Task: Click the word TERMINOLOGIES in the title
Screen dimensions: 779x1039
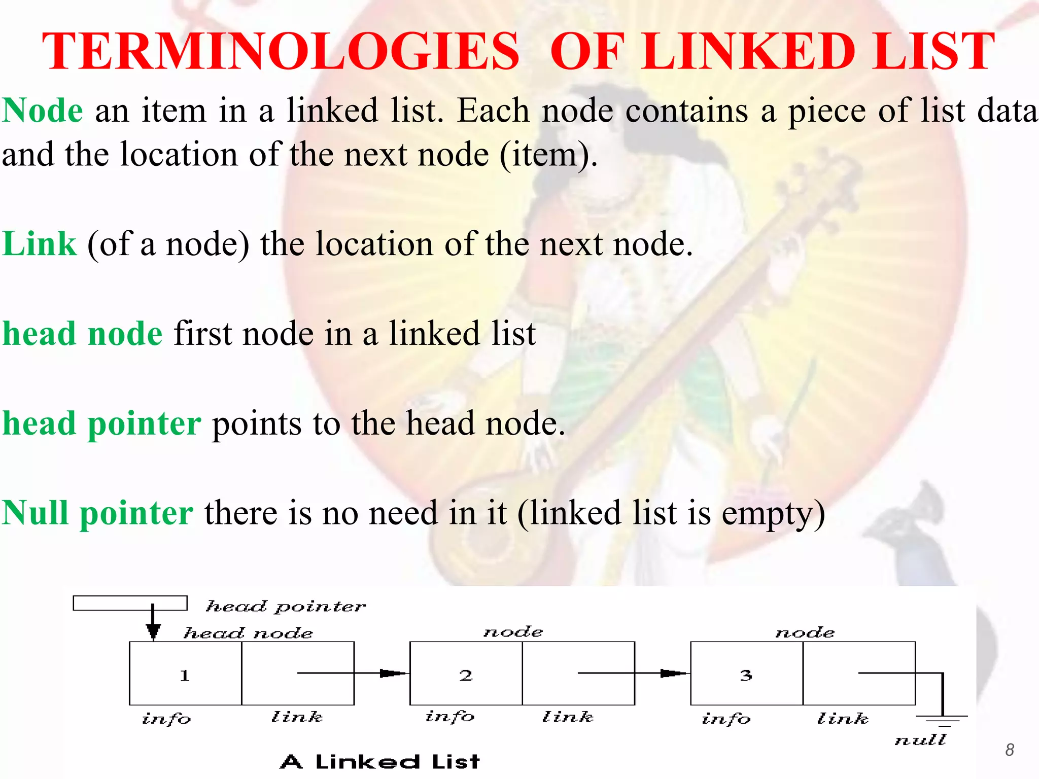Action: (x=281, y=51)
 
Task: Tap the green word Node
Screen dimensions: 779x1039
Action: (x=43, y=110)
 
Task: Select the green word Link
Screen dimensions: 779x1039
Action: (x=40, y=244)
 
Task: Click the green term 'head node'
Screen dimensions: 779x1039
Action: (x=83, y=334)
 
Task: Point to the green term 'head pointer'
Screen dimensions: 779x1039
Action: (x=102, y=423)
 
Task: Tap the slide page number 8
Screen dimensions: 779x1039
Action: (x=1010, y=750)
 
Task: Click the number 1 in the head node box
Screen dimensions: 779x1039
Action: (x=185, y=675)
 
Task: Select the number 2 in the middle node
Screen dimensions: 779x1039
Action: (x=466, y=675)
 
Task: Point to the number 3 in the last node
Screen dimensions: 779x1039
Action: (x=746, y=675)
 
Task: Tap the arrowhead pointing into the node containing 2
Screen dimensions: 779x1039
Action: (x=394, y=674)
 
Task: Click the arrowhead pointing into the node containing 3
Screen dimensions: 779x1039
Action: (x=674, y=674)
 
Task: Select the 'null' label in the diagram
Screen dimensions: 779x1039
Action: (x=920, y=740)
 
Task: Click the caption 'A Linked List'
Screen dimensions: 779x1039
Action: (x=379, y=761)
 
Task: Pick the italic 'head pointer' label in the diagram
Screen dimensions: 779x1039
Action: (x=285, y=607)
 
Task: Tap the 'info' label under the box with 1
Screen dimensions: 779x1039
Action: (x=166, y=718)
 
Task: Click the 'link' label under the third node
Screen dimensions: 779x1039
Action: (x=842, y=718)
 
